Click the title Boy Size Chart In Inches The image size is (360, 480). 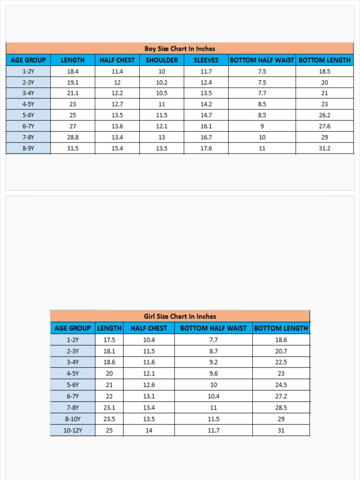(x=180, y=49)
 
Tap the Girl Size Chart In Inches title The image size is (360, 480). (x=180, y=316)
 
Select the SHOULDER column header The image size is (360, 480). (x=162, y=60)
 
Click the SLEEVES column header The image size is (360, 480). (x=206, y=60)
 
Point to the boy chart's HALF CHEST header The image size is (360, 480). (x=117, y=60)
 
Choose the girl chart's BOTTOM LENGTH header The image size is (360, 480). (x=281, y=328)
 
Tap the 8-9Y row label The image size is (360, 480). (x=28, y=148)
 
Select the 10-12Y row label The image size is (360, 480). (x=73, y=430)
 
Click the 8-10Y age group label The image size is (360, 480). (x=73, y=419)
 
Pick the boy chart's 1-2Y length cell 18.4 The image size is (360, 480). (x=73, y=71)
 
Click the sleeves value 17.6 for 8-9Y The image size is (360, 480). (x=206, y=148)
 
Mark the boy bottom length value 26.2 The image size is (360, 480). (x=324, y=115)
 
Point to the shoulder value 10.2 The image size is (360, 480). (x=162, y=82)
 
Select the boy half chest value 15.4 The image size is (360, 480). (x=117, y=148)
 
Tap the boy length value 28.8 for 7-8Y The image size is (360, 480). (x=73, y=137)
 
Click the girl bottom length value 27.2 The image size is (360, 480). (x=281, y=396)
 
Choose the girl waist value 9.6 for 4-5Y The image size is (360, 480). (x=213, y=374)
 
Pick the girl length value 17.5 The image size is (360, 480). (x=109, y=340)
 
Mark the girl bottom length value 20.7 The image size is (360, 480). (x=281, y=351)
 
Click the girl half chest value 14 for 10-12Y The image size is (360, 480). (x=149, y=430)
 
